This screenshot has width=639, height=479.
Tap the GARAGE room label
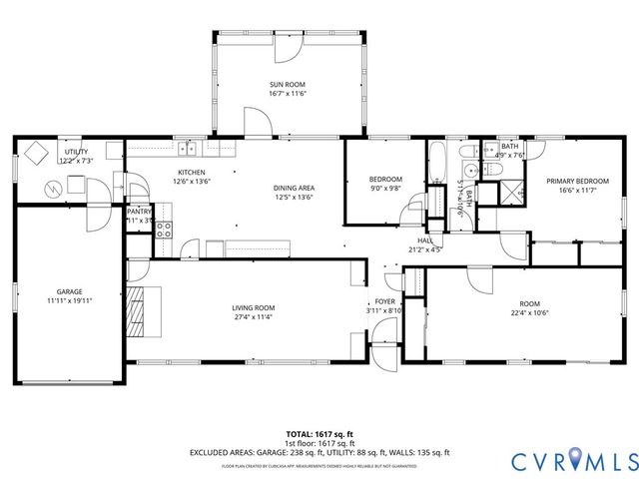click(x=69, y=291)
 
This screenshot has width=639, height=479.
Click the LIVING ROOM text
click(x=254, y=307)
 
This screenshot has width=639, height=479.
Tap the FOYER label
click(x=385, y=301)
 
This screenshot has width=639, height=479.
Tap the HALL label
click(x=425, y=240)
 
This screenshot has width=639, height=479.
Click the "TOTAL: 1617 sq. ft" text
click(x=319, y=434)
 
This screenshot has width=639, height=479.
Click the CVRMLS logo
click(x=573, y=460)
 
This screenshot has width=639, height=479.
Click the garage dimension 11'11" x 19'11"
click(x=69, y=299)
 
